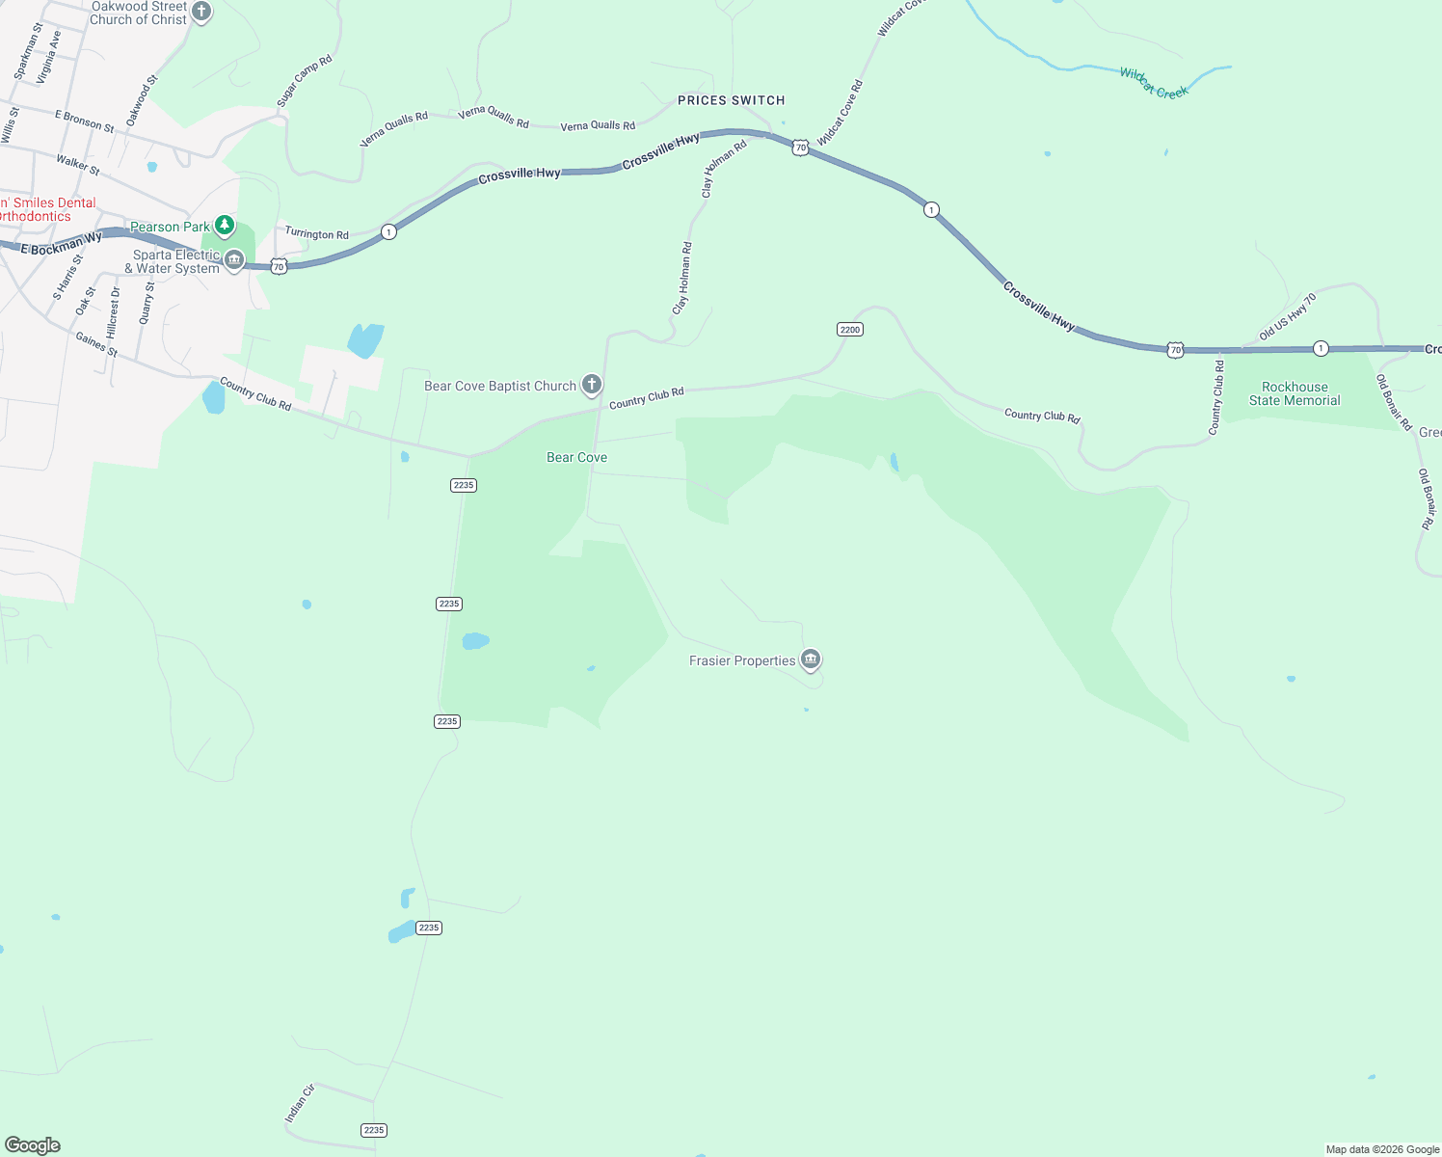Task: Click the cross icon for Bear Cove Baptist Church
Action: pyautogui.click(x=592, y=385)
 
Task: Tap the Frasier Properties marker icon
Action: pyautogui.click(x=811, y=659)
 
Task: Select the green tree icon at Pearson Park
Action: pyautogui.click(x=225, y=226)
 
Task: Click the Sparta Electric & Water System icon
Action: pyautogui.click(x=234, y=259)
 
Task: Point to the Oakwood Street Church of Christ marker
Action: pyautogui.click(x=201, y=12)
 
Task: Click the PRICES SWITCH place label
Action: pyautogui.click(x=731, y=100)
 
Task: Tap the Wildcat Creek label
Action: pyautogui.click(x=1154, y=83)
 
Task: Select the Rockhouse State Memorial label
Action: pyautogui.click(x=1295, y=393)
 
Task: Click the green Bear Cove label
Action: pyautogui.click(x=576, y=457)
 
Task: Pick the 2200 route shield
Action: pyautogui.click(x=849, y=330)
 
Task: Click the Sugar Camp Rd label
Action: pyautogui.click(x=305, y=81)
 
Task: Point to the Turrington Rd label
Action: pyautogui.click(x=316, y=233)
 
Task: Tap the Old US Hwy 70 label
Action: pyautogui.click(x=1288, y=317)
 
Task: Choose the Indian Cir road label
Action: pyautogui.click(x=300, y=1103)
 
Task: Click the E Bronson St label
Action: pyautogui.click(x=84, y=121)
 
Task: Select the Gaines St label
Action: pyautogui.click(x=96, y=344)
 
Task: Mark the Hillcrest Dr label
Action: pyautogui.click(x=114, y=311)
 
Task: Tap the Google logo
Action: pyautogui.click(x=33, y=1144)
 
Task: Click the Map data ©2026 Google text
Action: pyautogui.click(x=1382, y=1149)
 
